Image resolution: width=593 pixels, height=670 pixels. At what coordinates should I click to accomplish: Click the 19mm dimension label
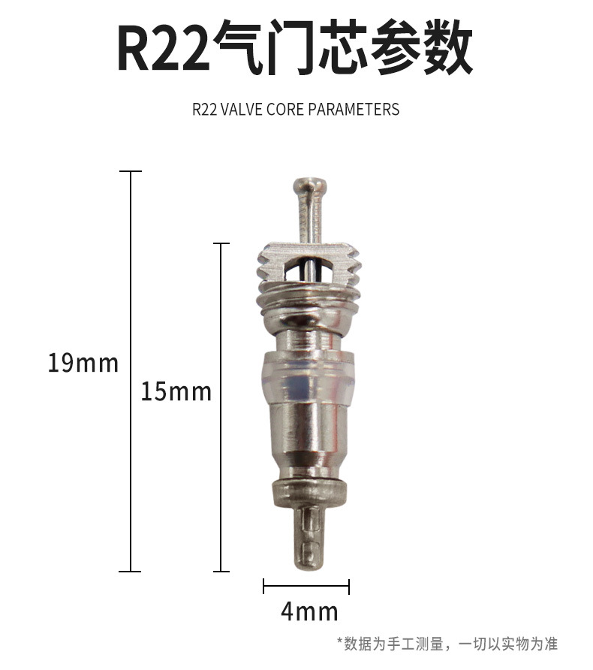83,364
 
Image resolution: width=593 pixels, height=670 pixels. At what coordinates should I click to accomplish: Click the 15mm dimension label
176,391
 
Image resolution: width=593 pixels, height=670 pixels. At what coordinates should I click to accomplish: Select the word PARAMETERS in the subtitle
354,110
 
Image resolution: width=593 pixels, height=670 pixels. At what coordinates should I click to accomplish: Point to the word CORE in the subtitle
285,110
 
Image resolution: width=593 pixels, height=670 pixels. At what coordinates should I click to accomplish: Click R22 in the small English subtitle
204,110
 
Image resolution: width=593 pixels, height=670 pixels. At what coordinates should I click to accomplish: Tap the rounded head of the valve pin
310,186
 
